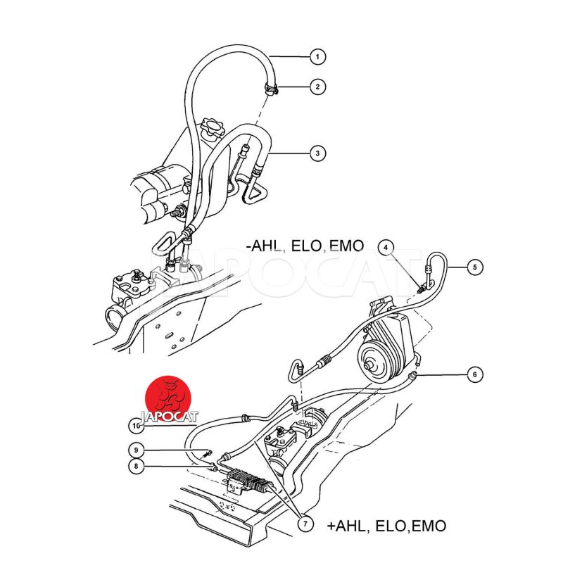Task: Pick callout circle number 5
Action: (x=474, y=267)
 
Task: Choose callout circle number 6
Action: (x=474, y=374)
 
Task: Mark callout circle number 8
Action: (x=138, y=465)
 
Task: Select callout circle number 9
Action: (x=138, y=449)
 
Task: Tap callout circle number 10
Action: (x=138, y=425)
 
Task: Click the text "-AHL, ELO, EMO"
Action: (x=305, y=246)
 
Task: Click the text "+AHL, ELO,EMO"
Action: (x=386, y=526)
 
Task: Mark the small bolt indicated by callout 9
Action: (x=208, y=451)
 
